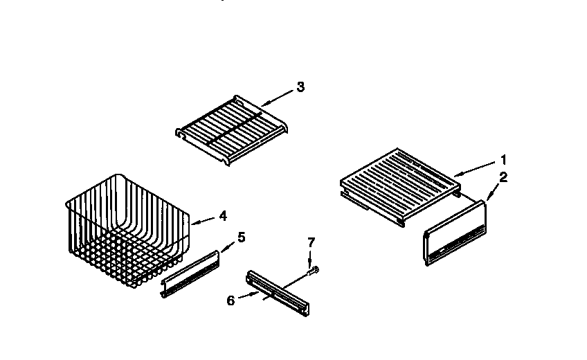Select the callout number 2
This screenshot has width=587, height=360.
coord(503,177)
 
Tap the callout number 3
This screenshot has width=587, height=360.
coord(299,87)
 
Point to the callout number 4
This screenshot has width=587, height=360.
coord(222,216)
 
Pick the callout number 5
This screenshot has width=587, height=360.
coord(241,237)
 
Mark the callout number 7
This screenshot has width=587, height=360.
coord(311,242)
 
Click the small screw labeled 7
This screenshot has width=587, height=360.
coord(314,269)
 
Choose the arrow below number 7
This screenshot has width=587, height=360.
coord(311,258)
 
